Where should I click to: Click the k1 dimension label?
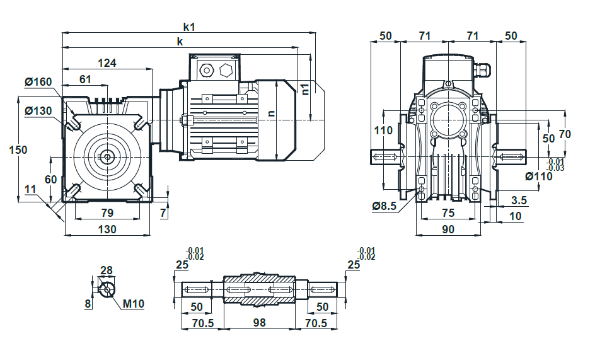click(x=188, y=27)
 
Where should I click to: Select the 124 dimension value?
click(x=107, y=63)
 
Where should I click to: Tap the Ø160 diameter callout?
click(x=38, y=81)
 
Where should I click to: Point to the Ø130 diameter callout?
click(x=38, y=111)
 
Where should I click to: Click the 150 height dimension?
click(x=18, y=149)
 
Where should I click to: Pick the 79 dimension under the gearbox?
click(x=107, y=212)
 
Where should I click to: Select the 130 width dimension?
click(x=107, y=229)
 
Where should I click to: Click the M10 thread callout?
click(x=134, y=304)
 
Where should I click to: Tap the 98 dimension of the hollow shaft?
click(x=259, y=323)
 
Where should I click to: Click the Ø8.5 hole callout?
click(x=384, y=206)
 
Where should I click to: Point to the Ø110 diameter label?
click(x=539, y=176)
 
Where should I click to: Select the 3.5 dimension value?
click(x=519, y=200)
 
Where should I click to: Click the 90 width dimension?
click(x=448, y=229)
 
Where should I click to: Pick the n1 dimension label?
click(x=306, y=89)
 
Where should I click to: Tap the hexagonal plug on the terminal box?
click(x=226, y=71)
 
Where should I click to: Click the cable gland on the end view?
click(x=482, y=69)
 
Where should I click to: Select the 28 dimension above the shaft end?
click(x=107, y=270)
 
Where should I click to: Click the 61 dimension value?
click(x=85, y=79)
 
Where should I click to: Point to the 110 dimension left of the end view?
click(x=383, y=131)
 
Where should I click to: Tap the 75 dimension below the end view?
click(x=448, y=212)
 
